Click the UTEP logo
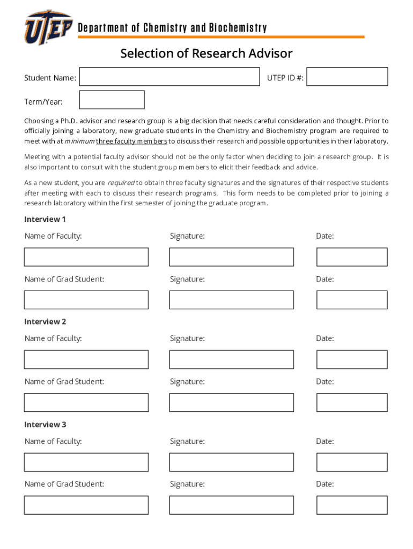(x=48, y=27)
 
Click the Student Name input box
(x=169, y=77)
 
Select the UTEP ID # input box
(x=347, y=77)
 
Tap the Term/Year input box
(x=112, y=100)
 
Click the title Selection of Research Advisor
(x=206, y=54)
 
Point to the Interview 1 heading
(x=45, y=219)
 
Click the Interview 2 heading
(x=45, y=322)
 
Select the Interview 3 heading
(x=45, y=425)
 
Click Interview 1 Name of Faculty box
(x=86, y=257)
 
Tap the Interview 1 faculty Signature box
(x=231, y=257)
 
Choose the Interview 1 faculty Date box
(x=351, y=257)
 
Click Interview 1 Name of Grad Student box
(x=86, y=300)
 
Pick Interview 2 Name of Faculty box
(x=86, y=360)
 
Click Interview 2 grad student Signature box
(x=231, y=403)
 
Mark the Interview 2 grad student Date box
(x=351, y=403)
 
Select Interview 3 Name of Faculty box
(x=86, y=462)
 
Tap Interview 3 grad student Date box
(x=351, y=505)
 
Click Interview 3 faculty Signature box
(x=231, y=462)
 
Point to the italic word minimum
(x=79, y=142)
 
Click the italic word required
(x=121, y=183)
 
